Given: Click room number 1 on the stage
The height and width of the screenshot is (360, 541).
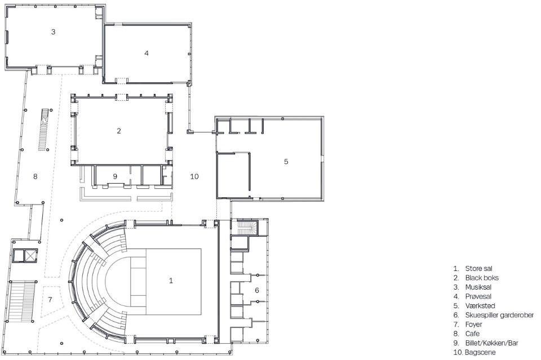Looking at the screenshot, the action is tap(171, 281).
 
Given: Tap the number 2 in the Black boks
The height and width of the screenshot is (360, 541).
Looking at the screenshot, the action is tap(119, 131).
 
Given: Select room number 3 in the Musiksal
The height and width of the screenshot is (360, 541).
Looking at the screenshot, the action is tap(53, 32).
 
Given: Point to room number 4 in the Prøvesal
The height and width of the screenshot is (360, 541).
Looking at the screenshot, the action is tap(147, 53).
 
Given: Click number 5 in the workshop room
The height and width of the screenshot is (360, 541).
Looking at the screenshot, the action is tap(286, 161).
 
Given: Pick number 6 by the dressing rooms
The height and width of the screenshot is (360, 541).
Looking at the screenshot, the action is tap(257, 290).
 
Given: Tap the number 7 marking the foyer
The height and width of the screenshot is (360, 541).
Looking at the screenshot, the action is tap(50, 299).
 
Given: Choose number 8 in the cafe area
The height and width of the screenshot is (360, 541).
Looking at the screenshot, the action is tap(35, 176).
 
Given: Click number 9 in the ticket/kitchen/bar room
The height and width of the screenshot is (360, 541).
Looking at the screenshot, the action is tap(115, 176).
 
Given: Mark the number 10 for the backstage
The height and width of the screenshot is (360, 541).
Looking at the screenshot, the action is tap(194, 176).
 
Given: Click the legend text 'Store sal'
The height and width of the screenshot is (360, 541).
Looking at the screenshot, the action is tap(478, 269).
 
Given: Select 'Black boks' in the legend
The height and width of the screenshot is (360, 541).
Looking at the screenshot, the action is tap(482, 278).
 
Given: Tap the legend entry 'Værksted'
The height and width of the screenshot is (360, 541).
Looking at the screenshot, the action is tap(480, 306).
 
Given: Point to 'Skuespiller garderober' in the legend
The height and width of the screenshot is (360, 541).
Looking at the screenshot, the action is tap(499, 315).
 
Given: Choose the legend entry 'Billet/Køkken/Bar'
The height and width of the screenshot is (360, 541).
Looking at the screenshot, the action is tap(491, 343).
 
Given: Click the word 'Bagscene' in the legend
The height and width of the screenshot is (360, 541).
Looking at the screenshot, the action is tap(480, 353).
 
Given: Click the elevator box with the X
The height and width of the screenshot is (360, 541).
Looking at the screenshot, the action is tap(30, 256).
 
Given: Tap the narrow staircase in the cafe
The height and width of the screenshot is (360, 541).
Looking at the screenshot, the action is tap(43, 130).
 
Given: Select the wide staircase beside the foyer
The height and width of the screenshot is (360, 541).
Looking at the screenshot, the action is tap(22, 301).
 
